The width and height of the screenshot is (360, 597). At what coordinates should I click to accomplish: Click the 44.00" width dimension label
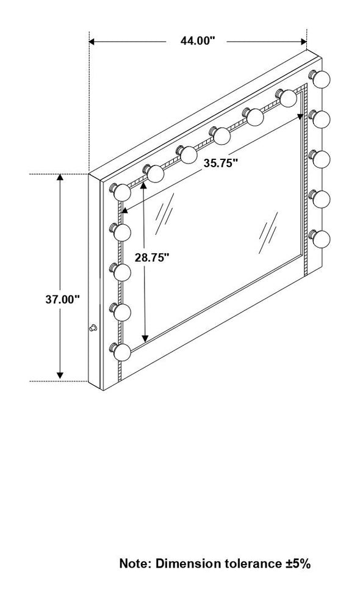pos(198,41)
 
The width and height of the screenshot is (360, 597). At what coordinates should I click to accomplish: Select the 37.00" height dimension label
pos(63,299)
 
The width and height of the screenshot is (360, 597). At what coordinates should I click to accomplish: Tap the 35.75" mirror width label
pos(221,163)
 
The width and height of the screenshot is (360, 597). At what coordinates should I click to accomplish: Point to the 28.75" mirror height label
pos(152,258)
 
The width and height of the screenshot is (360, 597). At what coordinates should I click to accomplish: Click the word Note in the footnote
pos(135,563)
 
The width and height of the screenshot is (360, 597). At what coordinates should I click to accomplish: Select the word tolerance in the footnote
pos(245,563)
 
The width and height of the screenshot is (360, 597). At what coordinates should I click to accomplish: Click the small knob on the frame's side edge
pos(93,327)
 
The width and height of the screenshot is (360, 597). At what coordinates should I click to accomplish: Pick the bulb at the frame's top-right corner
pos(321,79)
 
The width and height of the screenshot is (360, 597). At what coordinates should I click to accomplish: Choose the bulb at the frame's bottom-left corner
pos(121,352)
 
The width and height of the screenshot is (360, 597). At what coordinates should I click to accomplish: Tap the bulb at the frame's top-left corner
pos(121,192)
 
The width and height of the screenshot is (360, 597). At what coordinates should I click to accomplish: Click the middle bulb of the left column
pos(121,272)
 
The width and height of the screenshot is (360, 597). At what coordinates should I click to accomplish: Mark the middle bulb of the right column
pos(321,159)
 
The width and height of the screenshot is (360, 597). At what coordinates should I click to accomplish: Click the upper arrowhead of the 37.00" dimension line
pos(60,178)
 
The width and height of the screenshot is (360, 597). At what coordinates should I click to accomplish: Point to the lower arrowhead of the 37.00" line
pos(60,375)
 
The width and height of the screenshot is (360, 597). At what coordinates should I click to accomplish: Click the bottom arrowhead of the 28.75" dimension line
pos(145,338)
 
